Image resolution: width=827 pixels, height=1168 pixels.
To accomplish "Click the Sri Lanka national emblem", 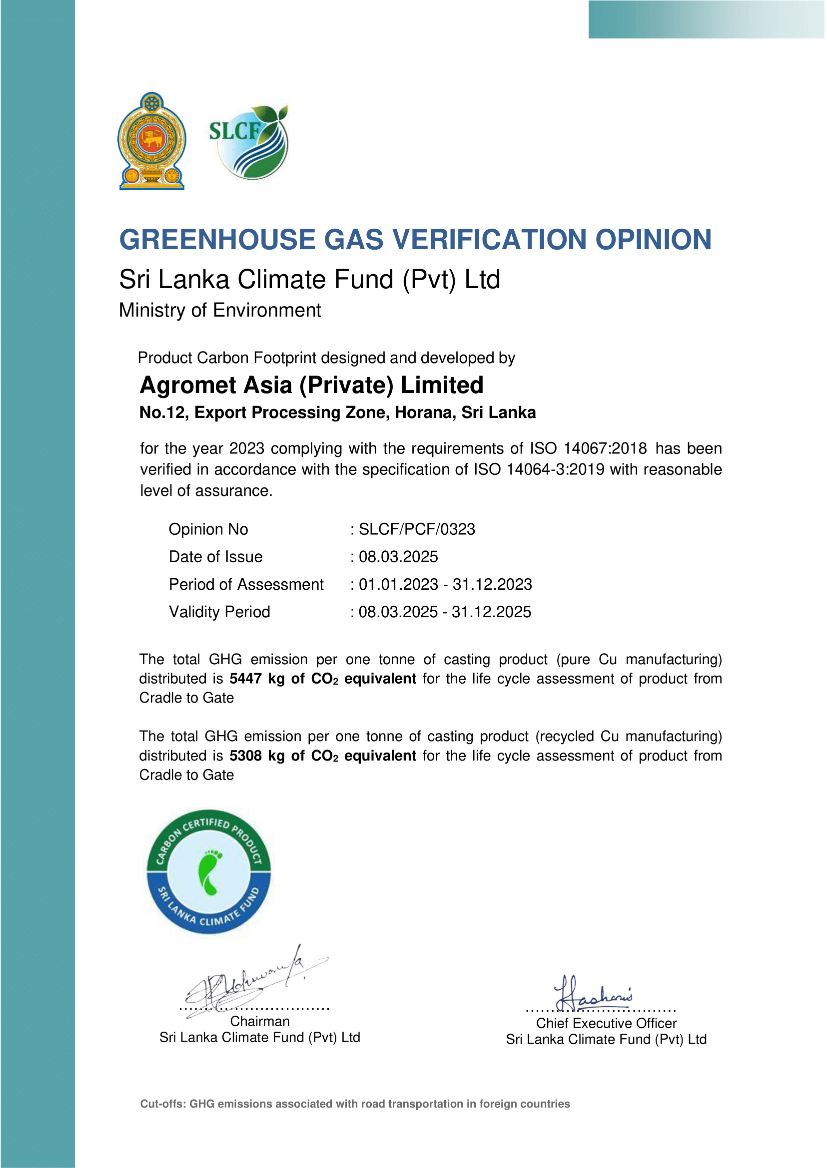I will coord(152,141).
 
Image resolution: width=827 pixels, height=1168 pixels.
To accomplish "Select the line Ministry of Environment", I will coord(219,310).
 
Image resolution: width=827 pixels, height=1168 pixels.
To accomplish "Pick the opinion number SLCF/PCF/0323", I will coord(417,529).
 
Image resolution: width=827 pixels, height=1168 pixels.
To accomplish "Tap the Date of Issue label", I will coord(215,557).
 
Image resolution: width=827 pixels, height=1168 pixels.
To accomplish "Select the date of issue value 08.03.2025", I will coord(398,557).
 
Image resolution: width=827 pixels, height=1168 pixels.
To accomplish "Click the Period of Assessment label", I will coord(246,584).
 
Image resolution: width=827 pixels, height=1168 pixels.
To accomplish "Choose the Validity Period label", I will coord(219,612).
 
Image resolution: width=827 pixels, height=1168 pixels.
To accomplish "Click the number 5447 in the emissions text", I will coord(245,679).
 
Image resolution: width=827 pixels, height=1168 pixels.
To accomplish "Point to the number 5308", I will coord(245,756).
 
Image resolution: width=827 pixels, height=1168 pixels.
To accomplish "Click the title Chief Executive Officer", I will coord(606,1024).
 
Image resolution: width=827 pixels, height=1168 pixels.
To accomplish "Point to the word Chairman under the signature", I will coord(260,1021).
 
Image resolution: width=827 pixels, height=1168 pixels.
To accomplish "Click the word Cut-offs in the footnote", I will coord(162,1104).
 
